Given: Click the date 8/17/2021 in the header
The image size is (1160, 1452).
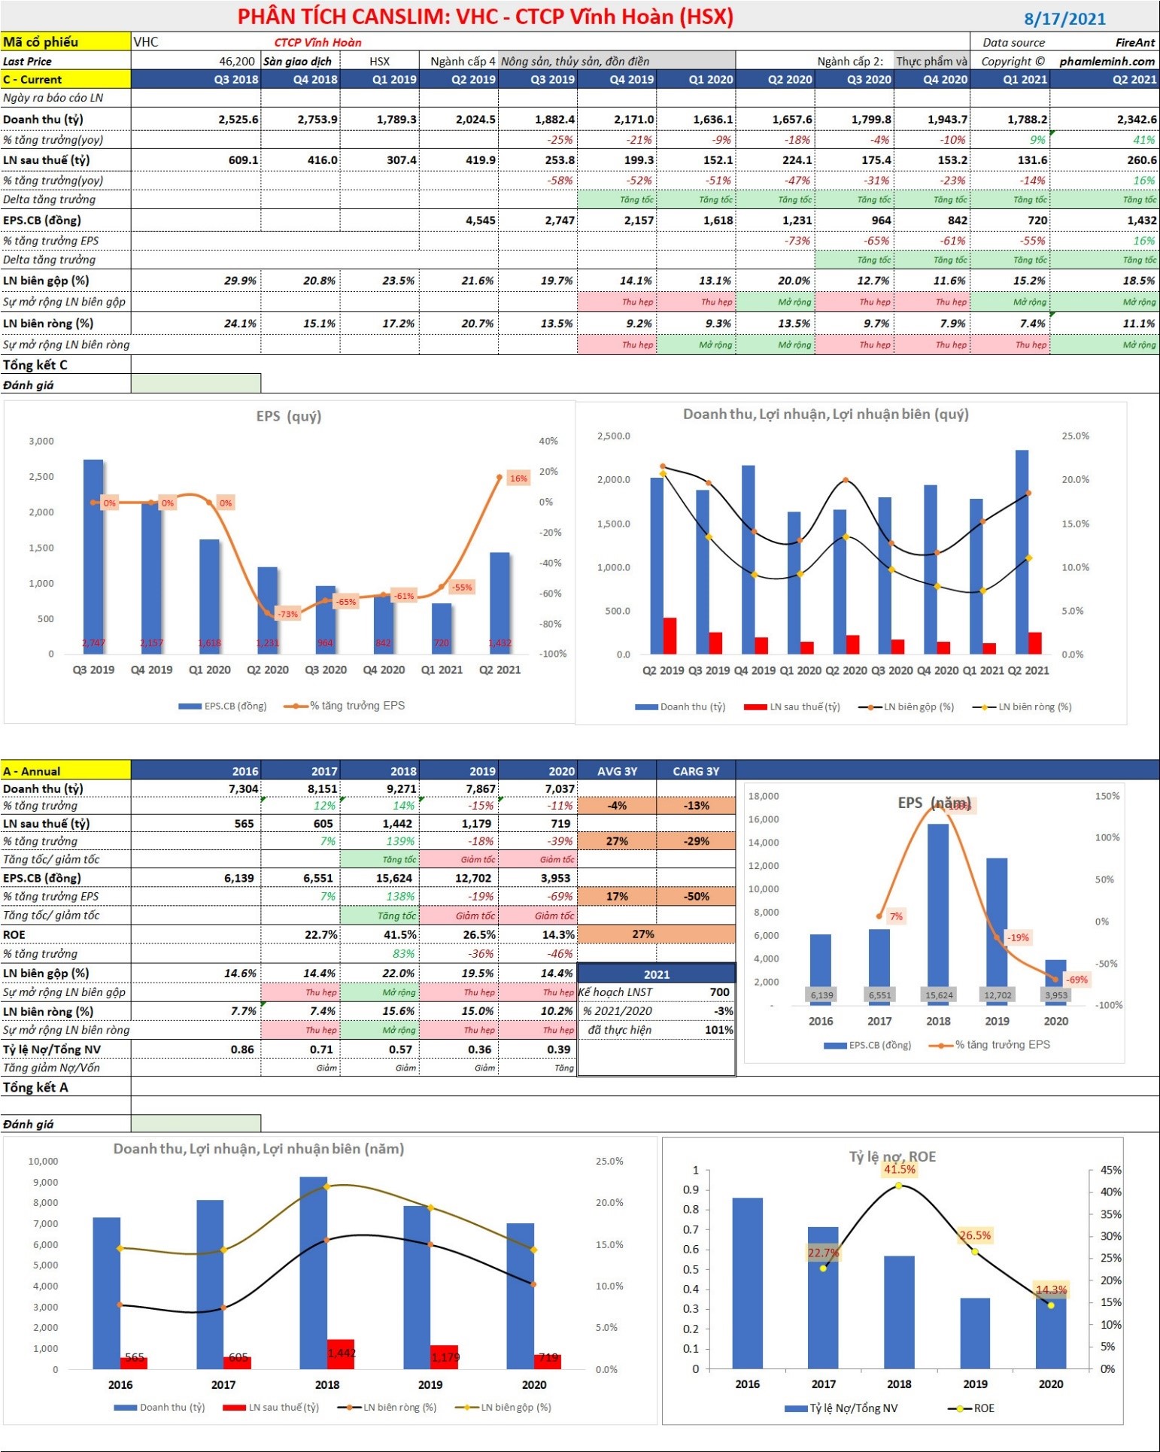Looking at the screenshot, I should (x=1064, y=19).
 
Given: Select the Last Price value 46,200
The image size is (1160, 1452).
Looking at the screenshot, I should (x=237, y=61).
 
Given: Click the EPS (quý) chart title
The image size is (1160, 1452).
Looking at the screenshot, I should (x=288, y=416).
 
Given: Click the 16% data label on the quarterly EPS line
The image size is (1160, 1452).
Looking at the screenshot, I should (x=518, y=478).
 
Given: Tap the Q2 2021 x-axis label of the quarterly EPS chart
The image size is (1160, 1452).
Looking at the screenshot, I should (x=500, y=670).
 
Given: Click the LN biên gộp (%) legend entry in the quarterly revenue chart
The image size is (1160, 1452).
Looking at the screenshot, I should (x=911, y=706).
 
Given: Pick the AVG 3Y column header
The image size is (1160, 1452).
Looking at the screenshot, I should (x=617, y=771).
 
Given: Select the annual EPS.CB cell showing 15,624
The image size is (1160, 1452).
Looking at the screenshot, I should (x=393, y=878).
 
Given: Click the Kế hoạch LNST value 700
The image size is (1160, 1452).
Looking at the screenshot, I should (x=719, y=992).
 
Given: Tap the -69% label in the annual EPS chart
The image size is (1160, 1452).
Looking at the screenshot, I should (x=1076, y=980).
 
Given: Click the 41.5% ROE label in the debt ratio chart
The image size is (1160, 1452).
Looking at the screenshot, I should (x=899, y=1169).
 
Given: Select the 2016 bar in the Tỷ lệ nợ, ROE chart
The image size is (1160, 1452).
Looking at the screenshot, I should (x=747, y=1283).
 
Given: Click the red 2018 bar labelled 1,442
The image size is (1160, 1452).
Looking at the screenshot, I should (x=340, y=1353).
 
